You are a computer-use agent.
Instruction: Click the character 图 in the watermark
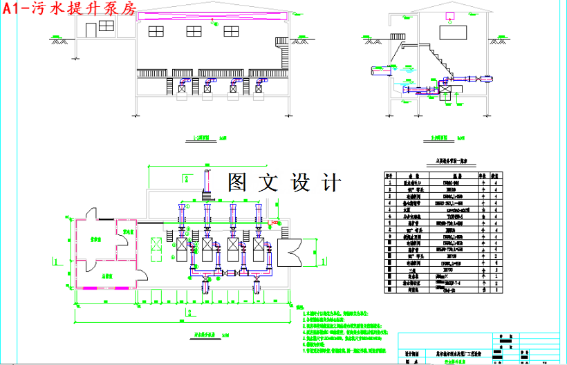click(242, 182)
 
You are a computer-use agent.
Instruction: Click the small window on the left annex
click(106, 26)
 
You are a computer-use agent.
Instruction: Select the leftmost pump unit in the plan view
click(186, 249)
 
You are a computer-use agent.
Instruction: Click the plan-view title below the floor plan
click(202, 334)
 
